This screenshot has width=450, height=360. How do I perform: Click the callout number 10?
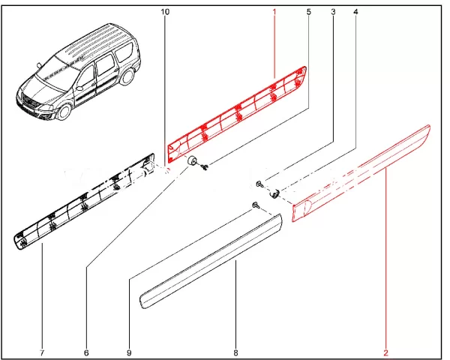(165, 12)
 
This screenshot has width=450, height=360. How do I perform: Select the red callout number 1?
(274, 12)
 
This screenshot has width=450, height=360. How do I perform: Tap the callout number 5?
(309, 12)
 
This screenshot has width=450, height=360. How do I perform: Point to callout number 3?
(333, 12)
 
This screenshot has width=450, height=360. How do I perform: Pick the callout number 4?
(355, 12)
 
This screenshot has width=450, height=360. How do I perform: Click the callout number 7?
(42, 352)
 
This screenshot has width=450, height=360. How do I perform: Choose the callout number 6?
(86, 352)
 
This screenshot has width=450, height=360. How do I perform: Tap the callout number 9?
(129, 352)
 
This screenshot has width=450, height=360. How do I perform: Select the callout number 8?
(235, 352)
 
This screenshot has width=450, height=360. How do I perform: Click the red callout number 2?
(385, 352)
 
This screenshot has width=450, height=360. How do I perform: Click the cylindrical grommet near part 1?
(191, 160)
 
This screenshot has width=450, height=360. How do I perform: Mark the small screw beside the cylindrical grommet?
(205, 166)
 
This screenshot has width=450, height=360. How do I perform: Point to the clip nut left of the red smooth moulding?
(274, 193)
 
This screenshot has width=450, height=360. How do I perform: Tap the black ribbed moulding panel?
(84, 202)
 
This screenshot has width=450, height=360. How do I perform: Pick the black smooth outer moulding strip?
(211, 261)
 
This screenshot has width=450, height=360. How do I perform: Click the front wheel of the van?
(64, 112)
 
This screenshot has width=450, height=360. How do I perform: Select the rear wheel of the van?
(127, 76)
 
